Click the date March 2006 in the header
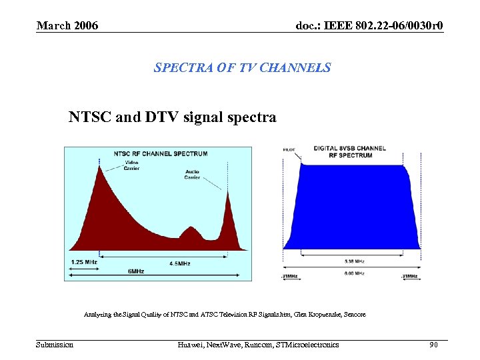click(67, 25)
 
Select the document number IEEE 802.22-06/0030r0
click(369, 25)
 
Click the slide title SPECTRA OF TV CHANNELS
click(242, 67)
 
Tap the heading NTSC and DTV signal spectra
click(172, 117)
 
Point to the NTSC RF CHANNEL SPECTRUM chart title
click(160, 153)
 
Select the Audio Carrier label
click(192, 175)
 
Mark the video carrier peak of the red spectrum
click(100, 168)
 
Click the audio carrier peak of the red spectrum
click(228, 193)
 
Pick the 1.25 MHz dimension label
click(84, 262)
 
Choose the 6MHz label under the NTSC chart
click(135, 271)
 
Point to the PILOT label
click(290, 150)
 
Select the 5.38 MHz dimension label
click(355, 261)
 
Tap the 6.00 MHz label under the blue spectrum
click(354, 273)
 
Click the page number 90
click(433, 345)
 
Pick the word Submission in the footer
click(55, 345)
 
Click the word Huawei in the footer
click(193, 345)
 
